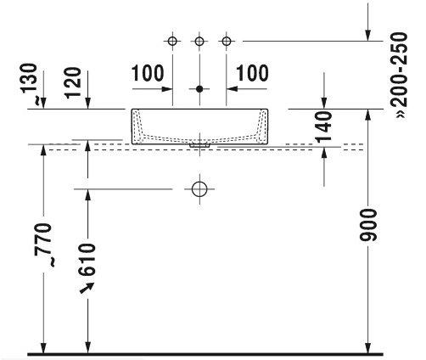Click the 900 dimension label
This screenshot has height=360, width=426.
click(367, 225)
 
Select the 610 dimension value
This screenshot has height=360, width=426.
click(87, 260)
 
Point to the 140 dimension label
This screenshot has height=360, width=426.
click(324, 127)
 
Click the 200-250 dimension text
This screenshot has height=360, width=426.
click(398, 74)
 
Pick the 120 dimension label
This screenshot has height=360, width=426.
click(73, 82)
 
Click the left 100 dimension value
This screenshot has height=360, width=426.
click(148, 73)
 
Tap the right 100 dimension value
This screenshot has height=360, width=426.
click(252, 73)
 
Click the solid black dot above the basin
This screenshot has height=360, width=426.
click(199, 89)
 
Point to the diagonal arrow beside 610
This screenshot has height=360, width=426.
click(87, 288)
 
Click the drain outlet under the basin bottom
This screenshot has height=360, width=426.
click(200, 145)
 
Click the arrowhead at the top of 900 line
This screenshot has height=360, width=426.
click(368, 115)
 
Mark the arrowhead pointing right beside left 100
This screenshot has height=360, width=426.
click(167, 89)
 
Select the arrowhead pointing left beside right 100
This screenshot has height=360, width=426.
click(232, 89)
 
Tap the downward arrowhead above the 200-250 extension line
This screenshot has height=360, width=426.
click(368, 36)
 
